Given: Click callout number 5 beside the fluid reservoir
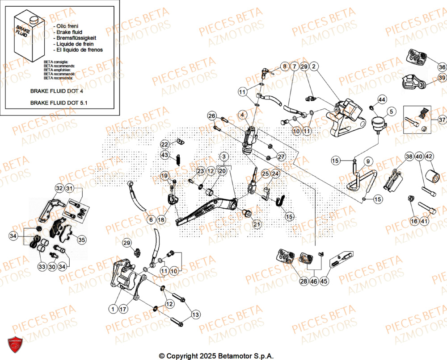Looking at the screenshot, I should point(390,111).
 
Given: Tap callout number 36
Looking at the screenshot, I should point(441,67).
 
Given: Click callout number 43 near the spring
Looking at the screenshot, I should point(165,155).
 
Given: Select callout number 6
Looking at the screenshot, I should point(151,219).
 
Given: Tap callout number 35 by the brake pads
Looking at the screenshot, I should point(81,240).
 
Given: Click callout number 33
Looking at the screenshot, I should point(42,267).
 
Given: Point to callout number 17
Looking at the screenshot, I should point(124,308).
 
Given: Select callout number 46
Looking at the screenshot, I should point(314,281).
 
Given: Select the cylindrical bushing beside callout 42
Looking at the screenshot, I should point(431,175).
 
